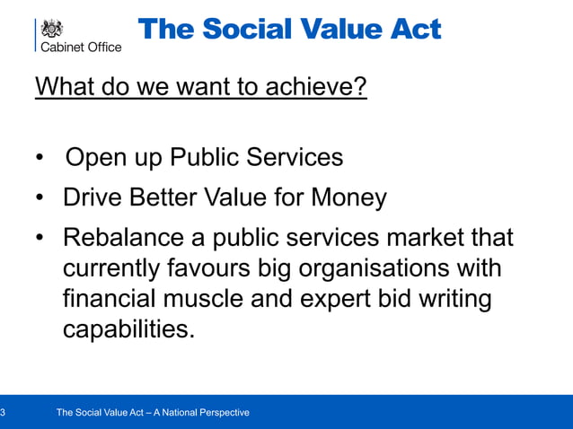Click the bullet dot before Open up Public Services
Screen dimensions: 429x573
coord(40,160)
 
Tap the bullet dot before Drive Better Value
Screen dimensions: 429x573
coord(40,198)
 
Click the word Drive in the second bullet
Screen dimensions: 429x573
coord(93,197)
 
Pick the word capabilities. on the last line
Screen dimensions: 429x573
coord(128,329)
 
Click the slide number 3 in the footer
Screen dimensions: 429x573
coord(4,413)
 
